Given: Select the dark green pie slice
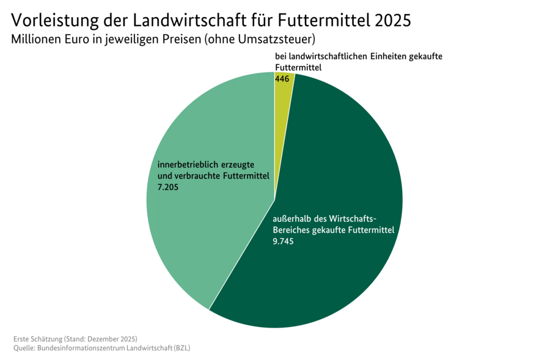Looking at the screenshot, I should click(330, 275).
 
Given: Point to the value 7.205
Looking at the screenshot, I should click(169, 187).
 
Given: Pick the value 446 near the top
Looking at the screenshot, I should click(282, 79).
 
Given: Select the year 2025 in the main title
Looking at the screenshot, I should click(394, 20).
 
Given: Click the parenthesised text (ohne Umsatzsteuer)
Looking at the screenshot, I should click(260, 40).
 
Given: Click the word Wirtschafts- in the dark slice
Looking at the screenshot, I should click(354, 219).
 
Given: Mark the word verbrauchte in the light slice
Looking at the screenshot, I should click(199, 176).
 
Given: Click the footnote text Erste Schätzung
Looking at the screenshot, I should click(38, 339).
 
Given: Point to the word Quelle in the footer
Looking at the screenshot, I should click(24, 348).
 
